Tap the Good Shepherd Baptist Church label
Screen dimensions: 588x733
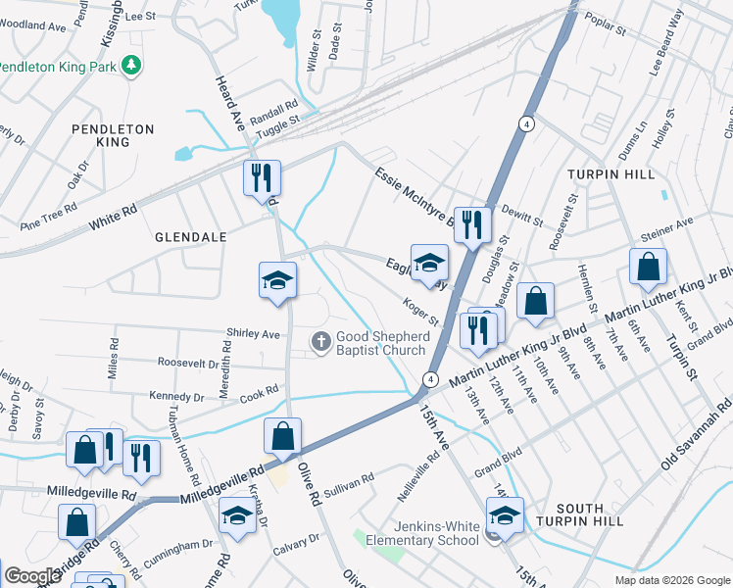pos(382,343)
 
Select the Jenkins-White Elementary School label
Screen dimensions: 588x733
pos(422,533)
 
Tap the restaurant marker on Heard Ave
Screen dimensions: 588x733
pos(262,178)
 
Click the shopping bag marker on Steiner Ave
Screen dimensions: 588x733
pos(648,267)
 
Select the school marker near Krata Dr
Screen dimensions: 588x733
pos(237,515)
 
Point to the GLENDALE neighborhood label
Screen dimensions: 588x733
pos(190,238)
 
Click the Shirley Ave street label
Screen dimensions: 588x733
pos(253,334)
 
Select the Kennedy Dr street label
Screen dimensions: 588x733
pos(177,398)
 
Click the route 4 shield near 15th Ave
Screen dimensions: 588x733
pos(429,378)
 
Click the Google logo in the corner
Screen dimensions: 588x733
pos(32,575)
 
